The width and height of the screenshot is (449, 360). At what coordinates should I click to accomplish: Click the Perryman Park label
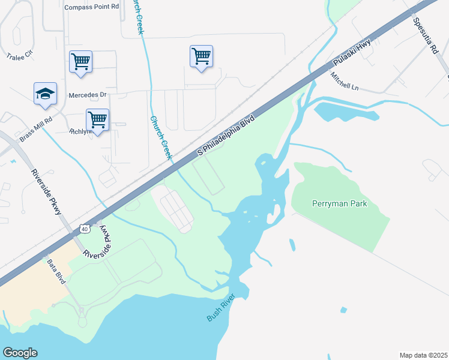339,203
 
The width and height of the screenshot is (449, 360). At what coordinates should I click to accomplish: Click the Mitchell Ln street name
344,82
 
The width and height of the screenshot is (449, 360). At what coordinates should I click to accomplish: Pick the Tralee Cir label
18,57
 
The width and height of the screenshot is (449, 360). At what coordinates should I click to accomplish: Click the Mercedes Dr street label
88,95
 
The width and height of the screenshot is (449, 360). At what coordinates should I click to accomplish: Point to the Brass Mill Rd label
35,128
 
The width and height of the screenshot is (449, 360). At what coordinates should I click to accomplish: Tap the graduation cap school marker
45,94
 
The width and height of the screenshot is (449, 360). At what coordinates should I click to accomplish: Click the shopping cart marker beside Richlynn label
97,119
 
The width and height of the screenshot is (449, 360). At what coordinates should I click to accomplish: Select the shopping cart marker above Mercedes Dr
80,61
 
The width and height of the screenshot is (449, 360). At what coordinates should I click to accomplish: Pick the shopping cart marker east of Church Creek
201,56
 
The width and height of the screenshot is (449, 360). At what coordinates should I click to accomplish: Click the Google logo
20,352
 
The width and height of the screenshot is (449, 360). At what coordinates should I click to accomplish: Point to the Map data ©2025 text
423,355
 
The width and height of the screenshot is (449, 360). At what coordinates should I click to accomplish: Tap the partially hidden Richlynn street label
78,131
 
